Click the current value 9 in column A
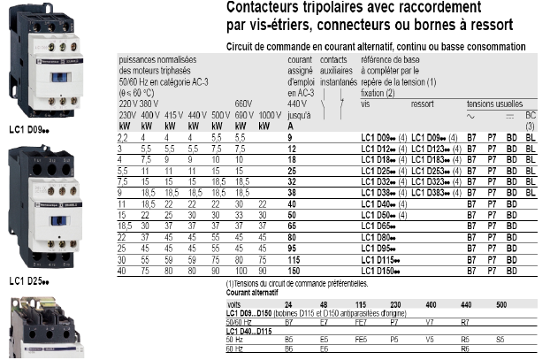(290, 138)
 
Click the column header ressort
(423, 103)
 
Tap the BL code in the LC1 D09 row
(530, 138)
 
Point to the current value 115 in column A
(294, 258)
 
